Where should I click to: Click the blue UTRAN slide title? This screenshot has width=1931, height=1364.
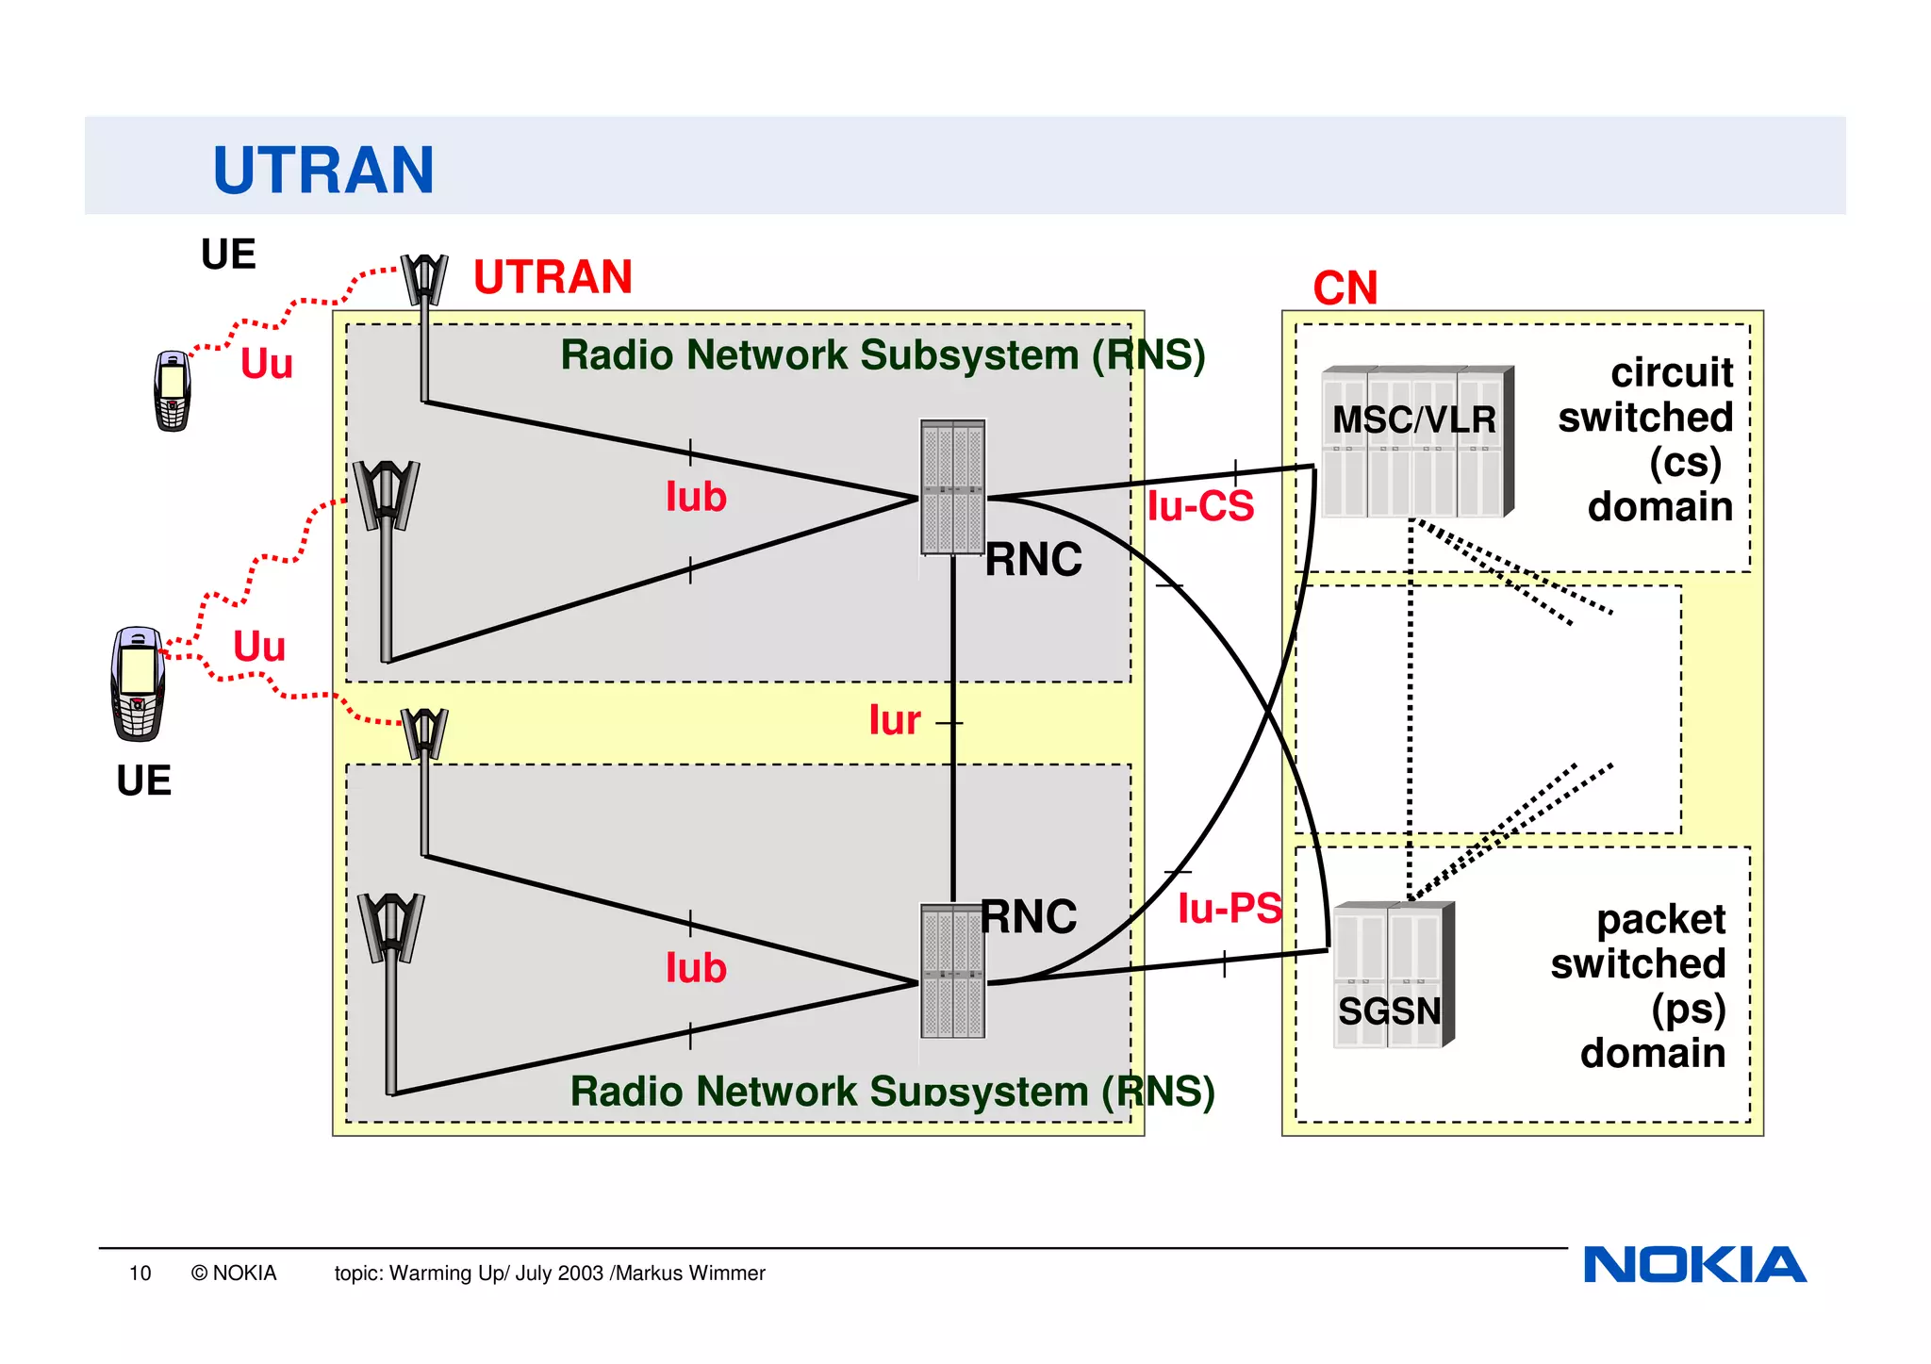tap(323, 171)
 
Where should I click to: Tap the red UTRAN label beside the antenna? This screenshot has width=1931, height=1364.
tap(553, 277)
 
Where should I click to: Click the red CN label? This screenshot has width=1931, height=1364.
tap(1345, 288)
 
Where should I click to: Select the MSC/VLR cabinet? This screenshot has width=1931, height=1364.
tap(1415, 441)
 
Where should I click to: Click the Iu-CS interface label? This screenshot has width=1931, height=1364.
tap(1200, 507)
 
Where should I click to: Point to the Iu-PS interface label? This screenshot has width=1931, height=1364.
tap(1230, 909)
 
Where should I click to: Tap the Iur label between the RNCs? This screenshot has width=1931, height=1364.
tap(894, 721)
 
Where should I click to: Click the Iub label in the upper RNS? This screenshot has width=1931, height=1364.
tap(696, 498)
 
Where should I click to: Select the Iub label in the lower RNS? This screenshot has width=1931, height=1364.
tap(696, 969)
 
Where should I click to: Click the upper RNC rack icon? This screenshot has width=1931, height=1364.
tap(952, 487)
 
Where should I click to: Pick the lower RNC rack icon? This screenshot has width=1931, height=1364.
tap(952, 971)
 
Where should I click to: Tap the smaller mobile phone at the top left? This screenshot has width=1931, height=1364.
tap(173, 390)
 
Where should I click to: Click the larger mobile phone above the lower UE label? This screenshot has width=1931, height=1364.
tap(138, 683)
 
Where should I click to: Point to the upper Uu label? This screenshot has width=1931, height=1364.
tap(267, 364)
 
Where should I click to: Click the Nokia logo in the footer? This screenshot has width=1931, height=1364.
tap(1694, 1265)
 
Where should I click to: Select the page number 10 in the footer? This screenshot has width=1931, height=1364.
tap(140, 1274)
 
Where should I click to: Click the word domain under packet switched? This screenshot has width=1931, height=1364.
tap(1652, 1053)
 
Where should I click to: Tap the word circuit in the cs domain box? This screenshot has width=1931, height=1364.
tap(1671, 373)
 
